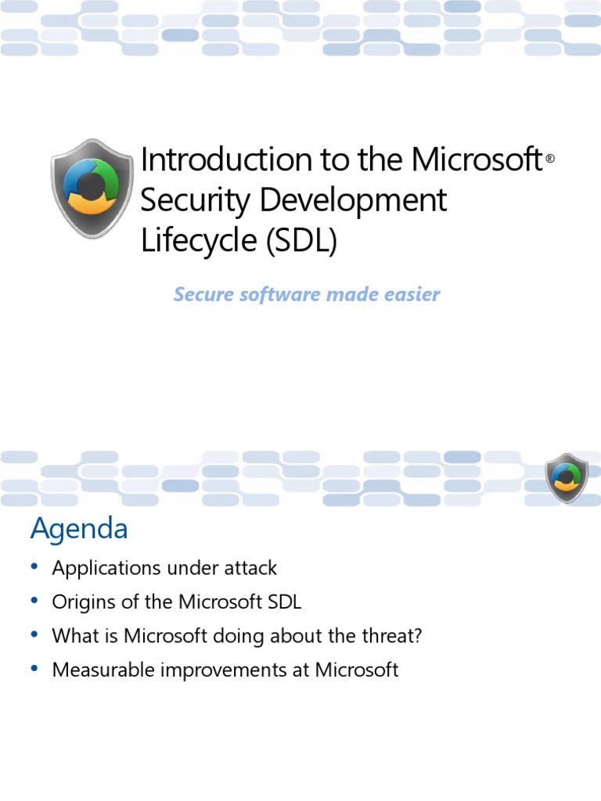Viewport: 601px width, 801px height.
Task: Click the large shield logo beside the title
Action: [x=92, y=189]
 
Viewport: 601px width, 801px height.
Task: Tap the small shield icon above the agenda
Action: [x=566, y=477]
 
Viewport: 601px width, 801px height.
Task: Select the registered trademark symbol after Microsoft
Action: [x=550, y=159]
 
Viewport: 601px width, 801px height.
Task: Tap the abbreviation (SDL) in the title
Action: [x=301, y=241]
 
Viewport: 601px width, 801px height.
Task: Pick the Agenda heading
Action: [x=78, y=530]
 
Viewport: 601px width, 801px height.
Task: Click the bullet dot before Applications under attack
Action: [x=34, y=568]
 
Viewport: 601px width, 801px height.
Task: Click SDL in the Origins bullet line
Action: [x=283, y=602]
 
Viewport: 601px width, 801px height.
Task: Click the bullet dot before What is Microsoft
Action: [x=34, y=636]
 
